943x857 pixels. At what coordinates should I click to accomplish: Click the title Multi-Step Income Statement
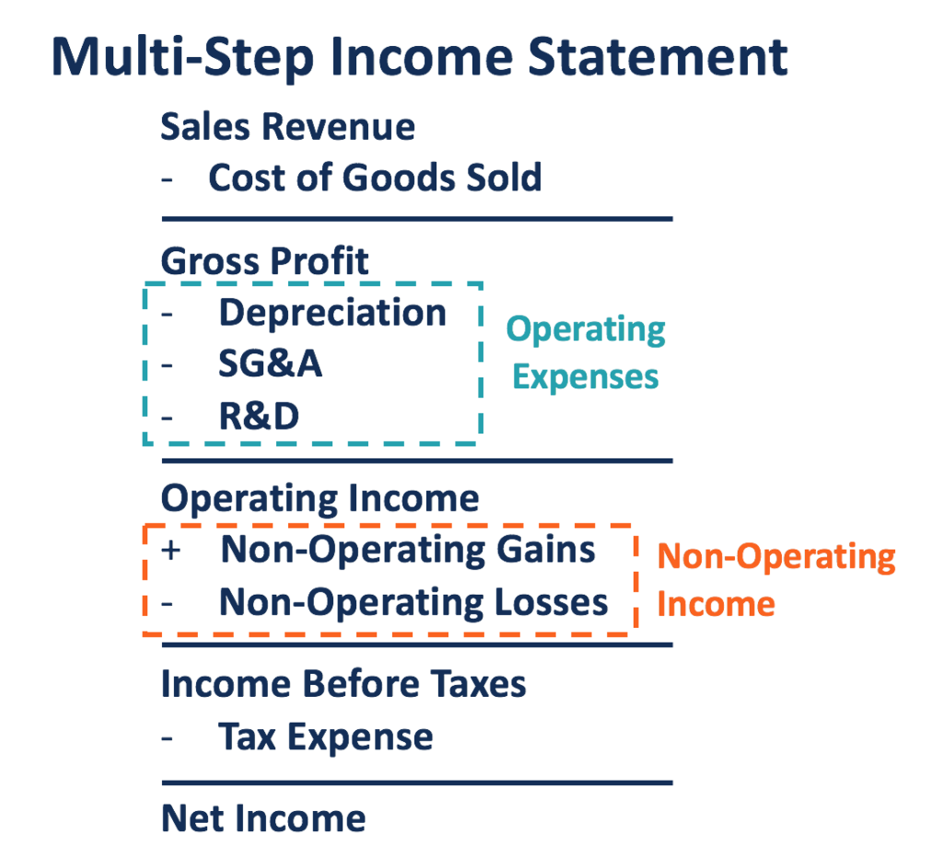(x=419, y=58)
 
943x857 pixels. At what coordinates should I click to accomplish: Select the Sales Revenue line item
(x=287, y=127)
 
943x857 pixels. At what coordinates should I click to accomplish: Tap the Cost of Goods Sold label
(x=375, y=177)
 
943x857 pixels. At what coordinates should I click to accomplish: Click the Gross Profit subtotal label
(x=264, y=261)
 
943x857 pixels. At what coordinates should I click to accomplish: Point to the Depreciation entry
(x=332, y=313)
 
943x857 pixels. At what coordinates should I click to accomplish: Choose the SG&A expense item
(x=270, y=365)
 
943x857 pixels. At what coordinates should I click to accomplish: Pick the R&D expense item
(x=259, y=417)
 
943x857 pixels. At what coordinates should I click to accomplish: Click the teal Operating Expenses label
(x=586, y=353)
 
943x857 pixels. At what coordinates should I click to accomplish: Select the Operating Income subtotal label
(x=320, y=499)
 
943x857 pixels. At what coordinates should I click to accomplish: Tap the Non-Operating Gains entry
(x=408, y=550)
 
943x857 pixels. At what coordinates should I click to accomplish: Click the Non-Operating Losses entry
(x=413, y=603)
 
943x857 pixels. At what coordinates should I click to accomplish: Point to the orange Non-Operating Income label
(x=775, y=580)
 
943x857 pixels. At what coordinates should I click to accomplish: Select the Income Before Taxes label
(x=343, y=685)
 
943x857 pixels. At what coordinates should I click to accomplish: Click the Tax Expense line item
(x=325, y=736)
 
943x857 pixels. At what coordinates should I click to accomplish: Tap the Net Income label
(x=263, y=818)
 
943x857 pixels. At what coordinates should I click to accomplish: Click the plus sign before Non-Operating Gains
(x=170, y=551)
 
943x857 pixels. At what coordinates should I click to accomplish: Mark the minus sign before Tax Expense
(x=168, y=737)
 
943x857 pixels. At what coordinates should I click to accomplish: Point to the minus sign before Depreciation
(x=168, y=314)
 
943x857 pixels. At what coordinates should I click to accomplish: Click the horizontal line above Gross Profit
(x=417, y=219)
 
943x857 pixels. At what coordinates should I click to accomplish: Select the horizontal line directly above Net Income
(x=417, y=783)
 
